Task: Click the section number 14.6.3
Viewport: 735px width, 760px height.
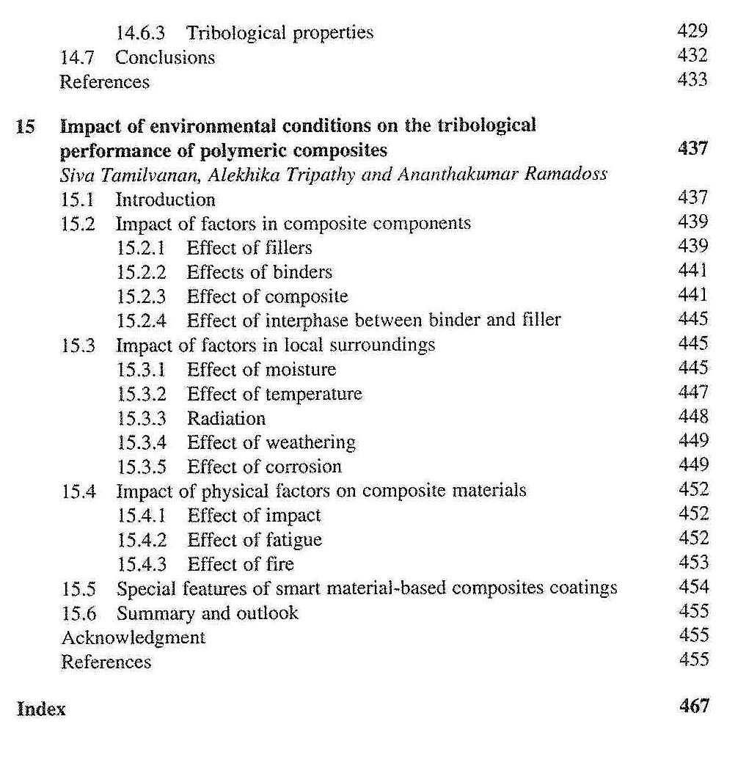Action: (x=142, y=33)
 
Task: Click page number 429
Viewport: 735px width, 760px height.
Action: (x=693, y=31)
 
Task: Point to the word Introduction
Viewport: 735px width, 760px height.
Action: (x=165, y=200)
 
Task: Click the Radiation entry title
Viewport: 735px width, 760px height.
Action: (x=226, y=418)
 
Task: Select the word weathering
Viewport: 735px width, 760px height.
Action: (x=310, y=442)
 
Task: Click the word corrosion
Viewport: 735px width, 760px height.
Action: (x=303, y=467)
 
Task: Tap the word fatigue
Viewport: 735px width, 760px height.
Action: (x=293, y=540)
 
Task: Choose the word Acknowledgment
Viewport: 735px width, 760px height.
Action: (x=134, y=637)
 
